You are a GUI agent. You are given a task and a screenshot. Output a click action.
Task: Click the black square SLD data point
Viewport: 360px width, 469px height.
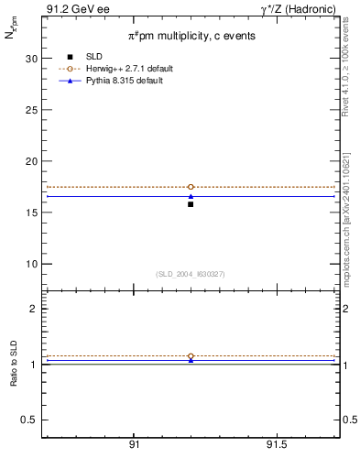191,204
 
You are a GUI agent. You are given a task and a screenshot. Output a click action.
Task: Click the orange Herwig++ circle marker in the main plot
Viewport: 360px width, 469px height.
191,187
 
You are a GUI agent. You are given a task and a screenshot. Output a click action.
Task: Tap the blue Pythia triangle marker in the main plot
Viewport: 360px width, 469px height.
191,196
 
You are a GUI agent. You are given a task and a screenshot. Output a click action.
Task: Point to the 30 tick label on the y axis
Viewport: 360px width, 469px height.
32,58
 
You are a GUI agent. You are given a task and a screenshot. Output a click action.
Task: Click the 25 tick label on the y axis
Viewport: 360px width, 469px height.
32,109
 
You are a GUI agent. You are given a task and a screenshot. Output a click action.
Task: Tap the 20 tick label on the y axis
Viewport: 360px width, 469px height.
32,161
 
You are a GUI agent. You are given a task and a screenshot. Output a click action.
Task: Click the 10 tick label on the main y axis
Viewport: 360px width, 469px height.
32,264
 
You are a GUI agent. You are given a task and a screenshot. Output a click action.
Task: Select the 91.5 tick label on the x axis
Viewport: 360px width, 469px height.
276,444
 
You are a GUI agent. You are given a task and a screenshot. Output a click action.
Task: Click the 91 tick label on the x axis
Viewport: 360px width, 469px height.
134,444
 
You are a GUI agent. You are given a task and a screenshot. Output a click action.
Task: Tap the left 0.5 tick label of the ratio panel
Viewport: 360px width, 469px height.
30,420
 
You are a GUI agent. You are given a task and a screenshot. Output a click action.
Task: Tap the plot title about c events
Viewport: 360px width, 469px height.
191,35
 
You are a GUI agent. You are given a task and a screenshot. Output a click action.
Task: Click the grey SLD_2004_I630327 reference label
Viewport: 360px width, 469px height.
191,274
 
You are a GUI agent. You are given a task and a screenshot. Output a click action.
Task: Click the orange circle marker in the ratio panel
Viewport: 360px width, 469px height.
191,356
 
